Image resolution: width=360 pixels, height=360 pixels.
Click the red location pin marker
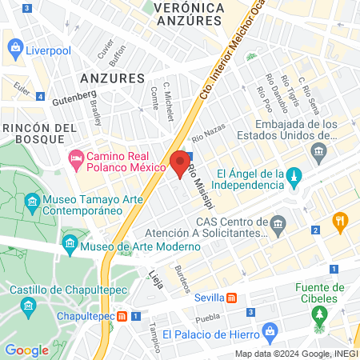coord(180,164)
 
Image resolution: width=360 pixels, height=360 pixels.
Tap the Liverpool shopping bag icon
coord(15,50)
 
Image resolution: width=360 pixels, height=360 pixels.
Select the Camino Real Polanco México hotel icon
coord(77,161)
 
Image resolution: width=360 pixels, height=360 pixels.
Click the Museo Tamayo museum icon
coord(32,201)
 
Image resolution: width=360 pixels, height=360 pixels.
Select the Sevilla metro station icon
coord(231,298)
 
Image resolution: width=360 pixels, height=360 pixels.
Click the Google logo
coord(27,350)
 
